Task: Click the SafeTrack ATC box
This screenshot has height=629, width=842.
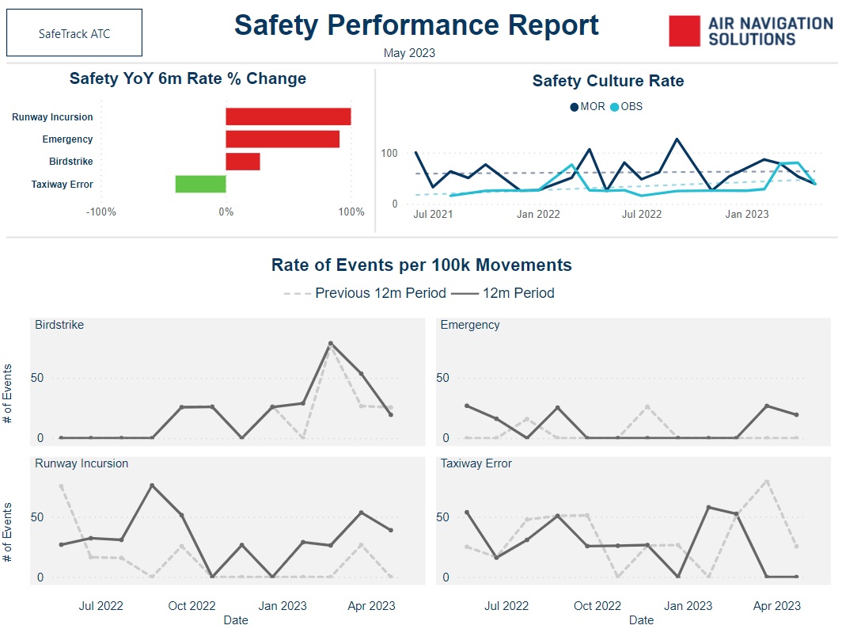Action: pos(74,34)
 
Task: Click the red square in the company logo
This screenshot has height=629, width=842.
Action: pos(685,31)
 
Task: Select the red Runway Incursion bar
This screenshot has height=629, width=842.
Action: pos(288,116)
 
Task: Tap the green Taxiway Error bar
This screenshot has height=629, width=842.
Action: pos(200,184)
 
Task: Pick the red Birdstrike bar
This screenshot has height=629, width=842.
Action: pos(242,162)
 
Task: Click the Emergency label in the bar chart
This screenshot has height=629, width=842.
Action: pos(67,139)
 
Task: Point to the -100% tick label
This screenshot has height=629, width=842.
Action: pos(101,212)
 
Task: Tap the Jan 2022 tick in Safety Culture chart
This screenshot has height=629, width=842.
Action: pos(537,214)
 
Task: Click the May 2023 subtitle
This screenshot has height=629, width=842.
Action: pos(409,53)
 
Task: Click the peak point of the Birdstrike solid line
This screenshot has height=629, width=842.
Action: pos(331,344)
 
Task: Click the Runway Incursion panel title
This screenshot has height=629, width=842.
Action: pos(82,463)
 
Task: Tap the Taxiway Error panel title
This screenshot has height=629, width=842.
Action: pos(476,463)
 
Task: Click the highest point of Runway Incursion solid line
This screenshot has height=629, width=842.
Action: pos(152,486)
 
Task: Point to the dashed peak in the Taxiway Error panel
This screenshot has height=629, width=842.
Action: pos(767,481)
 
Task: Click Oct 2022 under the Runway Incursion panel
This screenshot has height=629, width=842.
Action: pos(192,606)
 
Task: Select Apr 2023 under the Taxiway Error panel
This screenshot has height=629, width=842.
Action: pos(776,606)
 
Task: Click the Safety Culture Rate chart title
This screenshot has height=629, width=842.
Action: pos(608,81)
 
